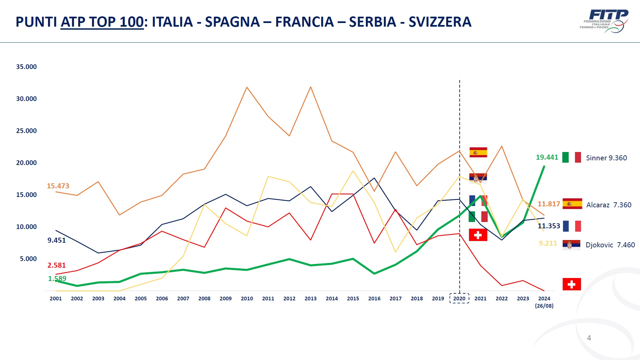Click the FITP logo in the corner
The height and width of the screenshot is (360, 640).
point(604,21)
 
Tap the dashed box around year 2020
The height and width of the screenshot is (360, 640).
point(459,298)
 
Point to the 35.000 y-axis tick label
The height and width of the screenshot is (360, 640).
point(26,67)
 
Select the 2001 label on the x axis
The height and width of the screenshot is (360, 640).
point(56,299)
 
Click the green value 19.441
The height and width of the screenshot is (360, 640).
point(547,157)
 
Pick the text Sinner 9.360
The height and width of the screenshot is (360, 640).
point(606,158)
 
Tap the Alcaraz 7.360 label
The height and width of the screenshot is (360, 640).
point(609,205)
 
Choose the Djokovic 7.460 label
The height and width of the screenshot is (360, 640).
point(610,245)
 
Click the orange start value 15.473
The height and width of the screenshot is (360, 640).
point(58,186)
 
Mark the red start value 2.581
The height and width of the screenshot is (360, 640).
point(57,265)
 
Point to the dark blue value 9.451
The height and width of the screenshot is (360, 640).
point(57,240)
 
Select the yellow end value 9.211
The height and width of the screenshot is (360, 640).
point(548,243)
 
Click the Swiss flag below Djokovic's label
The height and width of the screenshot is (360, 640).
point(572,284)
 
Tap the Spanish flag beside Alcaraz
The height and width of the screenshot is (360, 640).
point(572,204)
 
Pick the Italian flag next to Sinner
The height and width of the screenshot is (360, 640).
point(572,157)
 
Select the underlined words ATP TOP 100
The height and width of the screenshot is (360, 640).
point(102,22)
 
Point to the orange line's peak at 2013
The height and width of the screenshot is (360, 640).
point(311,87)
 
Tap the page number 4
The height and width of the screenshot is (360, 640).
point(589,338)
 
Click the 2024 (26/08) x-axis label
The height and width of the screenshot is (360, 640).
point(544,302)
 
